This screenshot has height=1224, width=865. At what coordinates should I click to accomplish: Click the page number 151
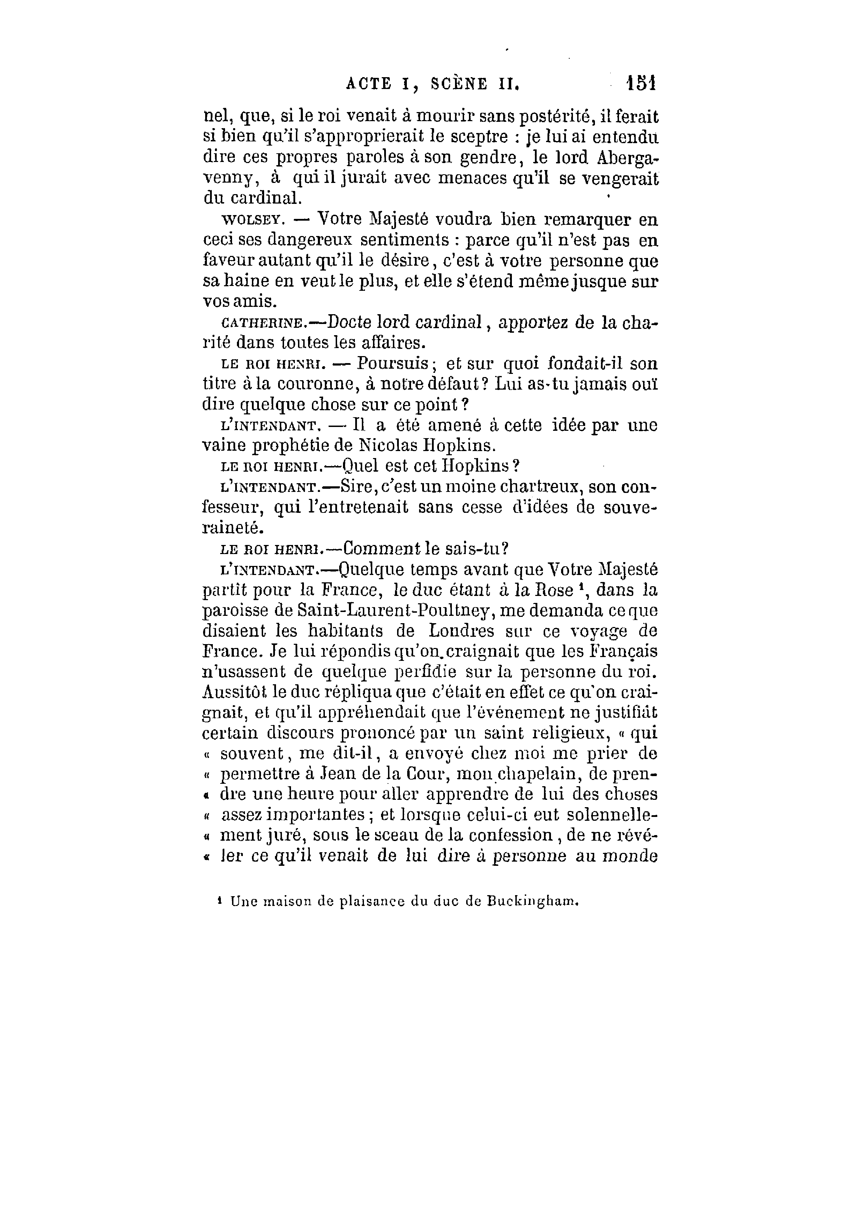tap(641, 84)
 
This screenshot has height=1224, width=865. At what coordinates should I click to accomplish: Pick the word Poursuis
tap(393, 364)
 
